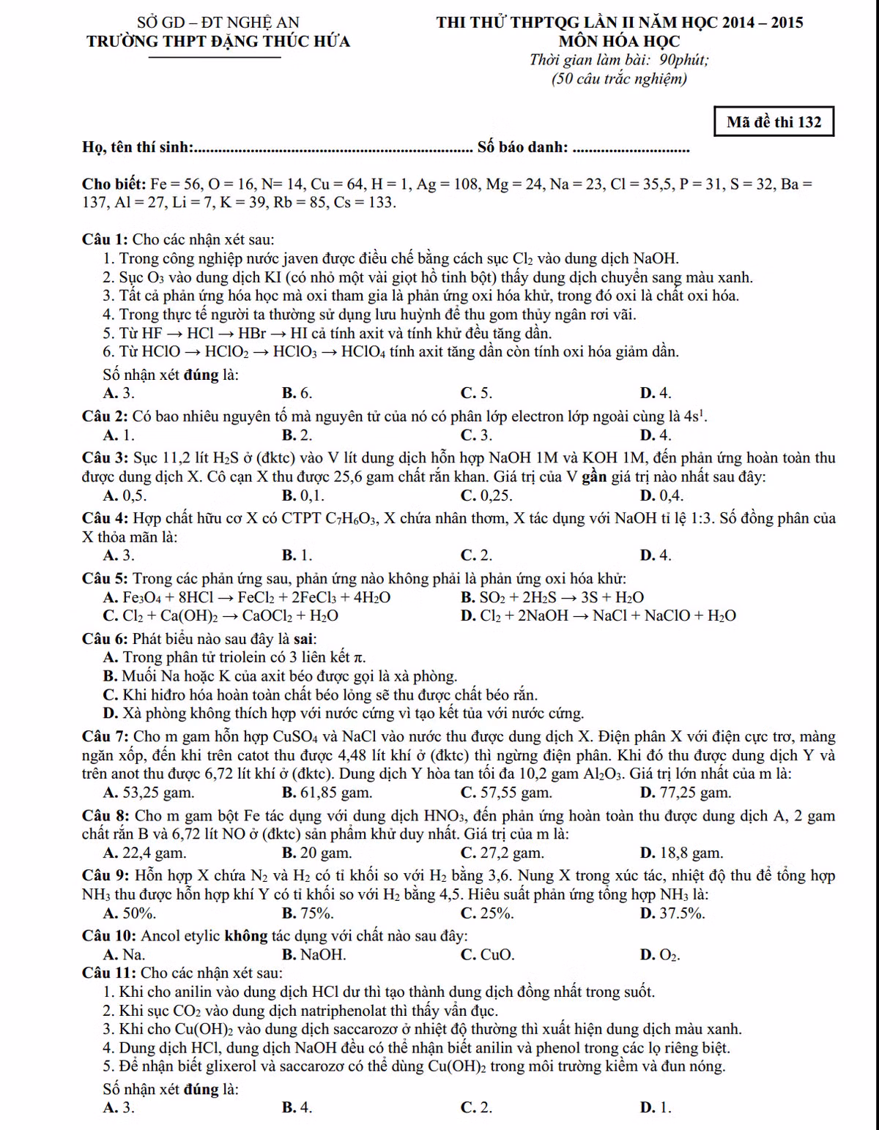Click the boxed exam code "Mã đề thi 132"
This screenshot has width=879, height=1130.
click(774, 122)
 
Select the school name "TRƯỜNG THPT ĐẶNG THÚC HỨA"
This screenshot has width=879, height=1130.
click(218, 42)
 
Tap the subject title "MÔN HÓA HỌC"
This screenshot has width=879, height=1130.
click(619, 42)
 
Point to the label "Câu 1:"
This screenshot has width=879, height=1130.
click(105, 239)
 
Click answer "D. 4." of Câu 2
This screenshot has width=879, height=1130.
click(655, 435)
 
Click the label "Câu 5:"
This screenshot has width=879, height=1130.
click(105, 579)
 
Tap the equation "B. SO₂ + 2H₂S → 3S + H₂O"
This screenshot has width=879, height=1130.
click(552, 597)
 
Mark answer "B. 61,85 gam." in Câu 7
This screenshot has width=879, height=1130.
click(327, 793)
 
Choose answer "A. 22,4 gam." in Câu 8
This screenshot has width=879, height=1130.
click(145, 853)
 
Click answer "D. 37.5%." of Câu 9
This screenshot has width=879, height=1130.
click(672, 913)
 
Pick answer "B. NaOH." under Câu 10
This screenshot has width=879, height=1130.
click(314, 955)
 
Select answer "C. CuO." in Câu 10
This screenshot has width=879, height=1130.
click(487, 955)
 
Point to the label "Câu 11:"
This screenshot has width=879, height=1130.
click(108, 973)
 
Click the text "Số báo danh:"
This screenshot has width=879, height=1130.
click(522, 147)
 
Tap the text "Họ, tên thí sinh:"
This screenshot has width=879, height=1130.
click(138, 147)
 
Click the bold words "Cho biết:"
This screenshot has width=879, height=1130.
click(114, 184)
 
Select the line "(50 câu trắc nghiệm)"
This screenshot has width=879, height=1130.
click(619, 79)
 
